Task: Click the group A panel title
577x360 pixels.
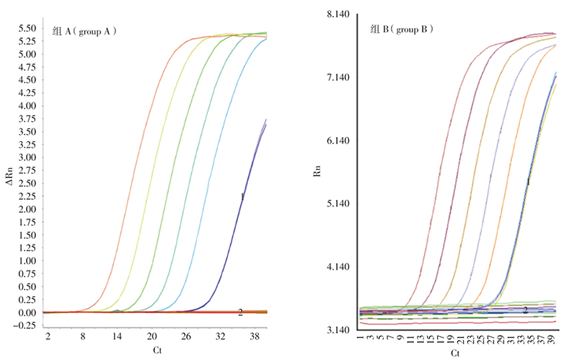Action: tap(85, 32)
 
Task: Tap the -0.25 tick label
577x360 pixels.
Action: tap(25, 325)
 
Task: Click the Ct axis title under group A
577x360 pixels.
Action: tap(157, 350)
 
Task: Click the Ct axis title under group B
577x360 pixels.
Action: tap(455, 353)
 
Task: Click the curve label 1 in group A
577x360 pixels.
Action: tap(242, 196)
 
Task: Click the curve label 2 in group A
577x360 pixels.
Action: tap(240, 312)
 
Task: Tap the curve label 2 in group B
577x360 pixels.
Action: tap(526, 309)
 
